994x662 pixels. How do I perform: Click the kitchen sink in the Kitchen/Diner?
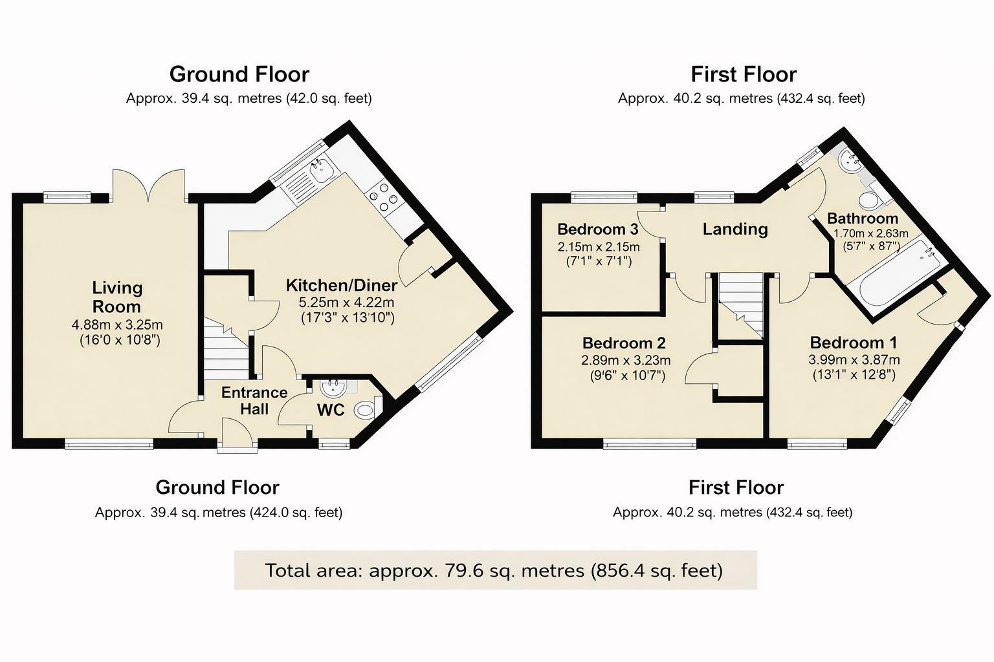pos(322,170)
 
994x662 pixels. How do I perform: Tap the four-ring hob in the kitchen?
pos(382,198)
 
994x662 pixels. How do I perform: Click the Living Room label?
pos(116,297)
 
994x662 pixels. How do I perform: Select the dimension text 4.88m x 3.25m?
pos(116,325)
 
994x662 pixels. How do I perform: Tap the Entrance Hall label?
pos(254,401)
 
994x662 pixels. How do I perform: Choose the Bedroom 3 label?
pos(597,230)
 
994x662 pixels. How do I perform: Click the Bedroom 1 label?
pos(854,343)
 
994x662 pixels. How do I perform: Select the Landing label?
pos(735,229)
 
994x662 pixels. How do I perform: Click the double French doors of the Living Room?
pos(148,186)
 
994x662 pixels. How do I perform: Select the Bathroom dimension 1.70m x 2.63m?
pos(870,233)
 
